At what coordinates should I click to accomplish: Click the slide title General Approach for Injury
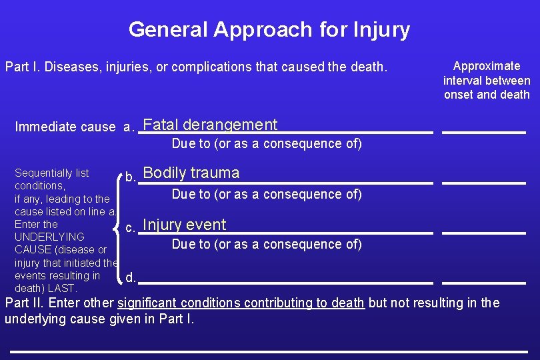tap(269, 29)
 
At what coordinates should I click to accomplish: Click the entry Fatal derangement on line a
tap(210, 125)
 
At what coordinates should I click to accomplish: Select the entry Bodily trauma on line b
tap(191, 173)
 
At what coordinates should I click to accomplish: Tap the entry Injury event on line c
tap(185, 225)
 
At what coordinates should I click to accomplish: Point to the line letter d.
tap(131, 277)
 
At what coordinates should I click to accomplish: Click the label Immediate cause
tap(65, 127)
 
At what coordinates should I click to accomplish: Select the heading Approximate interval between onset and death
tap(487, 80)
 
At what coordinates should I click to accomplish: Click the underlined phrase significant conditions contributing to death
tap(241, 303)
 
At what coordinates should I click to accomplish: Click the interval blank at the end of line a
tap(484, 133)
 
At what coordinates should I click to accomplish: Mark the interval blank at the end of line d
tap(484, 283)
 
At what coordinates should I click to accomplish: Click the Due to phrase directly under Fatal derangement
tap(267, 143)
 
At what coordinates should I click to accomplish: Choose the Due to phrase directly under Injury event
tap(267, 244)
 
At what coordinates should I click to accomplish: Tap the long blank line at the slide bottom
tap(269, 351)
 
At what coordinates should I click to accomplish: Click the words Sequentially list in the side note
tap(51, 173)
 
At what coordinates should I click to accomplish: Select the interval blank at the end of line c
tap(484, 232)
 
